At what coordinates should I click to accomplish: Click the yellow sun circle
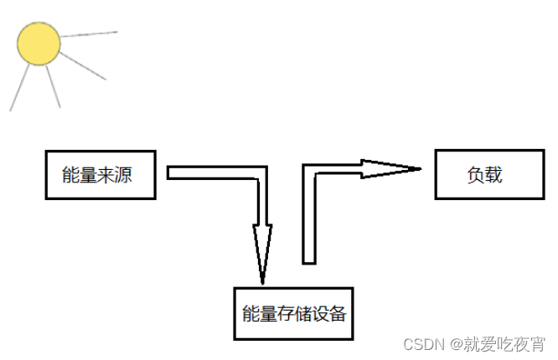click(x=39, y=44)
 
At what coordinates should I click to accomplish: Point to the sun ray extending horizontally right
click(x=87, y=34)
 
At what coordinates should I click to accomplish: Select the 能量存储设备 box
click(x=292, y=314)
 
